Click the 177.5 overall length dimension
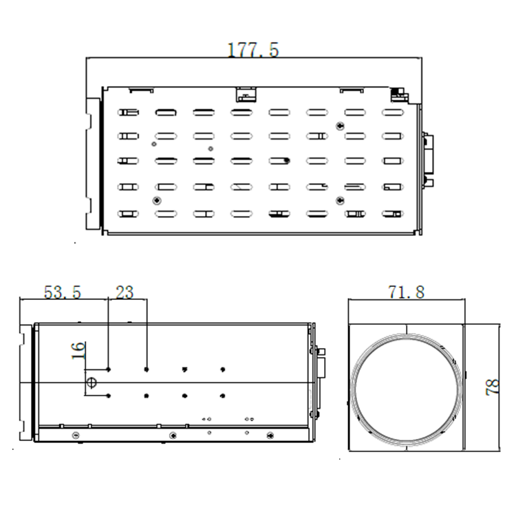tap(252, 50)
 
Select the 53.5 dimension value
tap(63, 292)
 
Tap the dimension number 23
tap(125, 292)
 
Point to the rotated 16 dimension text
tap(79, 350)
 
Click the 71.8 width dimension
tap(407, 292)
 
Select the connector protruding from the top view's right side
tap(428, 160)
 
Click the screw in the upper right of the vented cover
tap(339, 125)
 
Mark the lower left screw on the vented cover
tap(158, 200)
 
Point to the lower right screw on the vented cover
tap(339, 200)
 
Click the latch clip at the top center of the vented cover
tap(245, 93)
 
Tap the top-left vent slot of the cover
tap(128, 112)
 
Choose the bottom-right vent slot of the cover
tap(391, 214)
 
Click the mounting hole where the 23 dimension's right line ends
tap(147, 369)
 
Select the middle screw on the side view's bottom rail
tap(172, 434)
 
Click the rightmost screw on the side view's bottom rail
tap(270, 434)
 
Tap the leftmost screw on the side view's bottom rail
tap(75, 434)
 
